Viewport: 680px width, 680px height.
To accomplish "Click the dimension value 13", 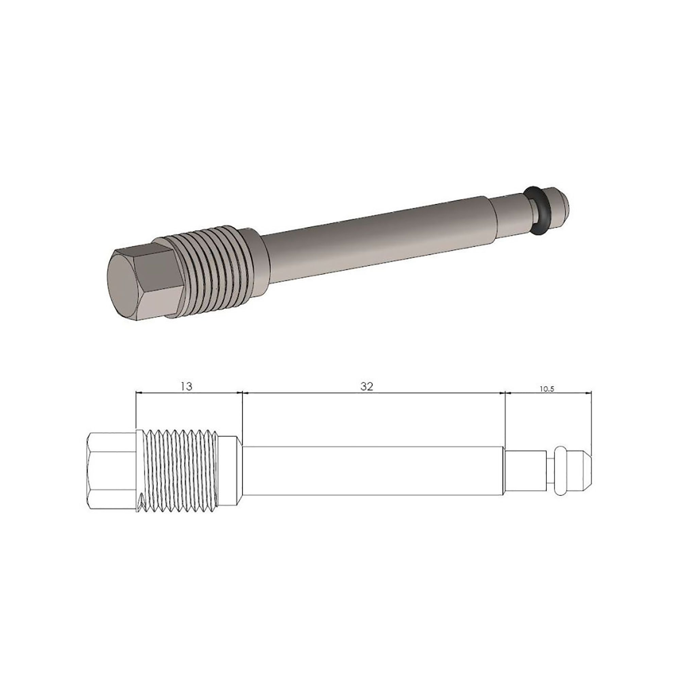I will pos(187,387).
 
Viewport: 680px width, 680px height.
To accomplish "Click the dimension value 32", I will pos(367,387).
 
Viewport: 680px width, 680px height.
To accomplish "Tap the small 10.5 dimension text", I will pos(546,390).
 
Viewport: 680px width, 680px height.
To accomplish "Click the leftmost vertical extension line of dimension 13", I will pos(136,412).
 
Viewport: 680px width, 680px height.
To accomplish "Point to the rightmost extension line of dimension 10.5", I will pos(591,422).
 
